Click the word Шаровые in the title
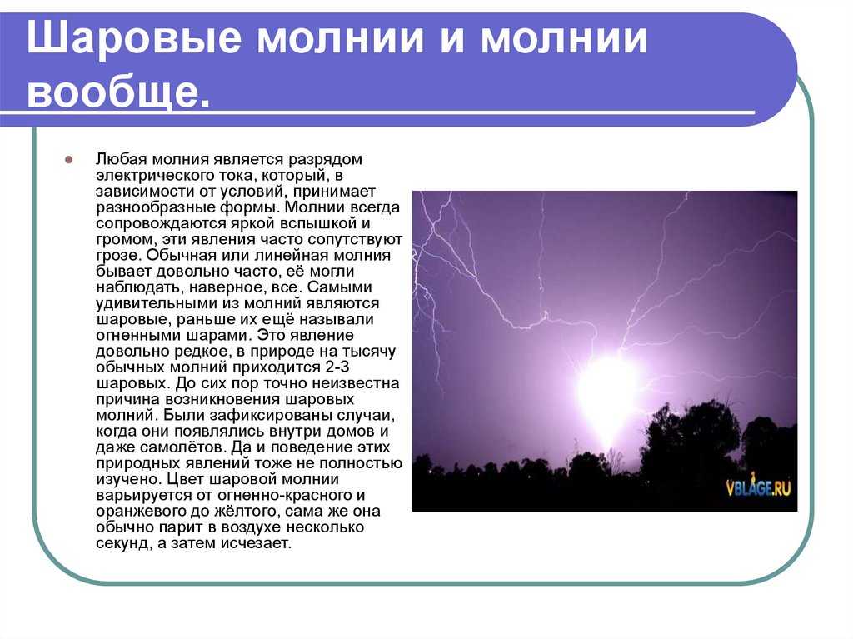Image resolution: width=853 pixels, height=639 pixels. pos(134,38)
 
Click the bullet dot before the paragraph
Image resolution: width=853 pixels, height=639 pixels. pos(68,160)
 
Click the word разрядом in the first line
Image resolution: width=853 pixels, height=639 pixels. pos(325,159)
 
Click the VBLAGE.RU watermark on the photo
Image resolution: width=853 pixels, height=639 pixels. pos(758,486)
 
